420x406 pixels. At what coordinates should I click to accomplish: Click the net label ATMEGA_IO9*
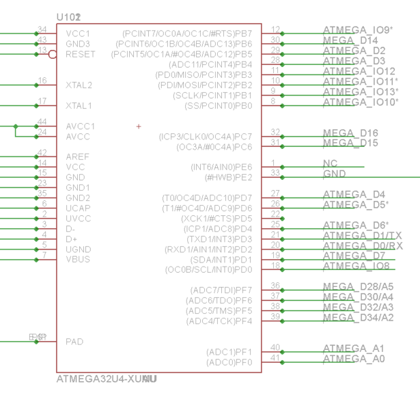(358, 30)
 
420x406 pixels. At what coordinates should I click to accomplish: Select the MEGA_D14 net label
(350, 41)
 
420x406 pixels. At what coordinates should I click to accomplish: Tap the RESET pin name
(80, 54)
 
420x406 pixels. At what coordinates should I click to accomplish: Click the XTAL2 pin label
(78, 85)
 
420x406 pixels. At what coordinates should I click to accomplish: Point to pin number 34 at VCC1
(42, 30)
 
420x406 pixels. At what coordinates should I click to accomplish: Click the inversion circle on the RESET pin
(53, 54)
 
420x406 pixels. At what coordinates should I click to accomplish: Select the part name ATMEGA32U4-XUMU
(107, 379)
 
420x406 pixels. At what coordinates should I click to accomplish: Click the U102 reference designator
(69, 16)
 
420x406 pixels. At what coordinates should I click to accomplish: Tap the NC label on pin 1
(330, 164)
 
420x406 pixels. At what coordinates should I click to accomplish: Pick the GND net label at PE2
(334, 174)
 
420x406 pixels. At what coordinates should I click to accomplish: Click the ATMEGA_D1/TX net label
(363, 235)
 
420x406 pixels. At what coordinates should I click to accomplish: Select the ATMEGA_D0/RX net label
(363, 245)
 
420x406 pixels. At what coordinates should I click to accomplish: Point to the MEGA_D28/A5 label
(358, 287)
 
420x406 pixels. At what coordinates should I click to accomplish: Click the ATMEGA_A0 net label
(354, 359)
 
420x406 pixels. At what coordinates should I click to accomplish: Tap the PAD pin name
(74, 342)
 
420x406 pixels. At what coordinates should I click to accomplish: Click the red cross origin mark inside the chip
(139, 127)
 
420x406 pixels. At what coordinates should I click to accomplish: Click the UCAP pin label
(78, 208)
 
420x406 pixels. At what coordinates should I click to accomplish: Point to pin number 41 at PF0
(275, 358)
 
